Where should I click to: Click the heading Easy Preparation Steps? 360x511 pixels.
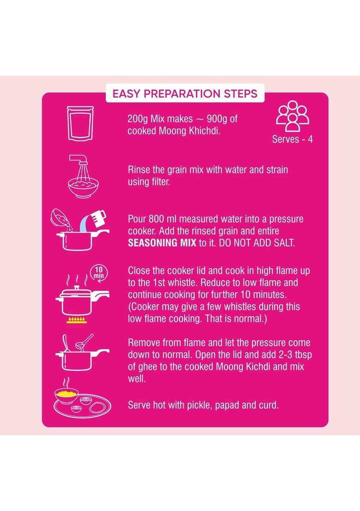[185, 94]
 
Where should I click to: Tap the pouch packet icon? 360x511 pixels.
[80, 123]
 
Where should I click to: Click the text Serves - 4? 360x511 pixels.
[293, 139]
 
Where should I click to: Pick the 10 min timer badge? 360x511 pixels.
[99, 273]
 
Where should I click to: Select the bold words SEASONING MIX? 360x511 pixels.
[162, 243]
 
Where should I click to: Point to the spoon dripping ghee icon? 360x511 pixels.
[84, 342]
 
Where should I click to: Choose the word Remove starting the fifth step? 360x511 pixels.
[144, 343]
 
